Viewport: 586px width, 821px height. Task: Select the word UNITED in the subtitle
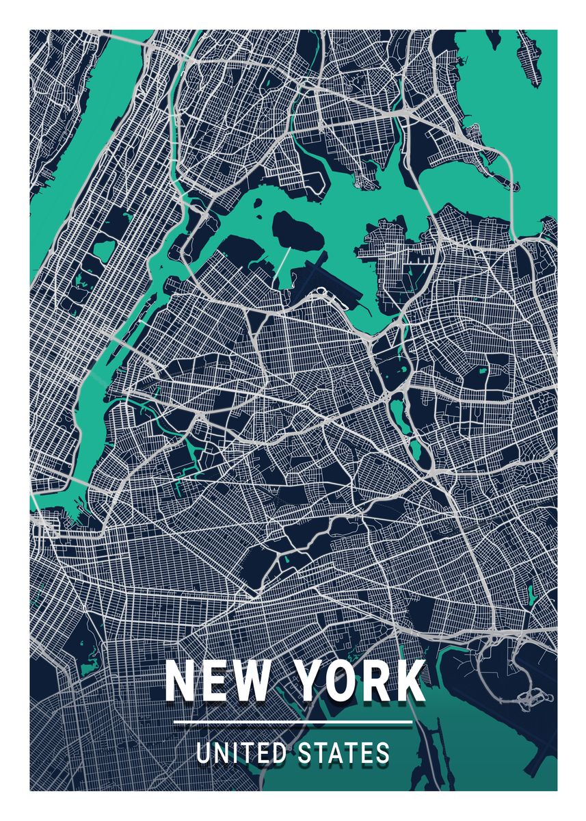coord(240,753)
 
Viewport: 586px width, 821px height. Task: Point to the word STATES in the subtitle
coord(345,753)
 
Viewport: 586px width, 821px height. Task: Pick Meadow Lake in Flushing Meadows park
coord(396,410)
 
